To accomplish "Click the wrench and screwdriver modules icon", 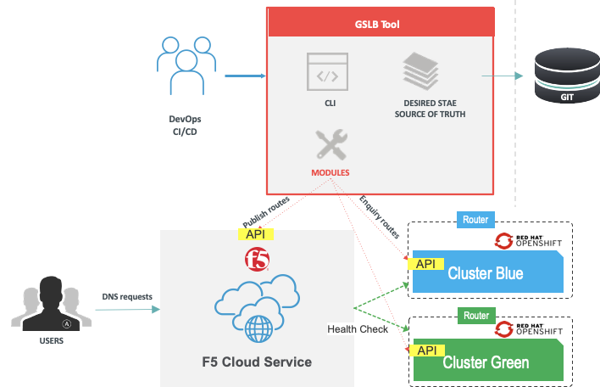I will tap(330, 144).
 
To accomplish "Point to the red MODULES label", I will tap(330, 172).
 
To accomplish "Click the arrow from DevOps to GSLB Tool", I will tap(244, 76).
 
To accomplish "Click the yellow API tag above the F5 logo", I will tap(254, 234).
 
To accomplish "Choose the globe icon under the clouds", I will tap(258, 328).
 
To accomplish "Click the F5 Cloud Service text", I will tap(256, 362).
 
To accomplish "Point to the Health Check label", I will tap(358, 329).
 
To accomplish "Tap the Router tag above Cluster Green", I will tap(475, 316).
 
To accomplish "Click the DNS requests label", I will tap(126, 296).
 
